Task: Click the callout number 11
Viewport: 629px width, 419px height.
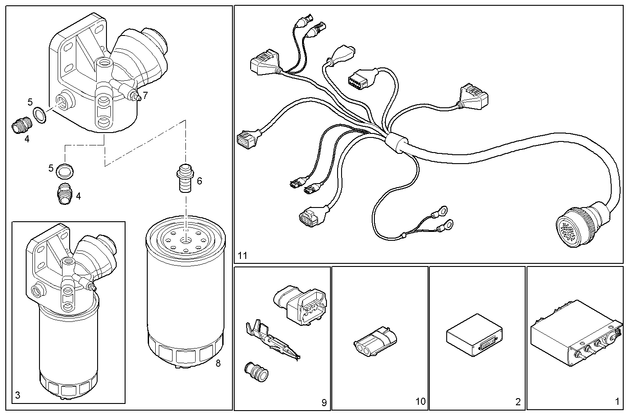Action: click(242, 256)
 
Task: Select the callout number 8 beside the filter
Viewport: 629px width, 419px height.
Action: click(218, 364)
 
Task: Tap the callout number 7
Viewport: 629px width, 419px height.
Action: click(145, 95)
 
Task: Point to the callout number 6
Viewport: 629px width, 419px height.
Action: click(199, 181)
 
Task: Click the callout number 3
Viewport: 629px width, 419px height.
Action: click(17, 395)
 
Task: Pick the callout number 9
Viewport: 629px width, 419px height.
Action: click(324, 403)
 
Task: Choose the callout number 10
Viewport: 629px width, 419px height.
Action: click(421, 402)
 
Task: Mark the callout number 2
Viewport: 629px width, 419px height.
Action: click(518, 402)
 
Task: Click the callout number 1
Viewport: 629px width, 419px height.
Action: click(617, 402)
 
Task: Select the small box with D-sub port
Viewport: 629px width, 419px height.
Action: click(474, 334)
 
